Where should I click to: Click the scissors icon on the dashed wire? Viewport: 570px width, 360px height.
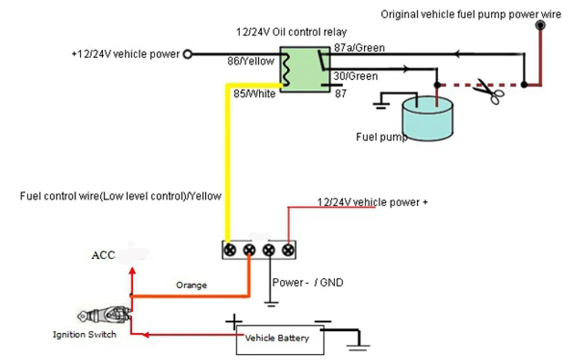(489, 91)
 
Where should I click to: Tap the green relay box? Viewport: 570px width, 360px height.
(304, 69)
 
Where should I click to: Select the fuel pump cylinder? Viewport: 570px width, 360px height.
(427, 118)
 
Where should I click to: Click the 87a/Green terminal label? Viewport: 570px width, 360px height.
(359, 48)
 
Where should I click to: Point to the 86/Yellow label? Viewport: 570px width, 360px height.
(251, 61)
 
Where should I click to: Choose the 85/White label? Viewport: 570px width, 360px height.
(254, 94)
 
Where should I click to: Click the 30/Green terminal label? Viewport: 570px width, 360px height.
(356, 76)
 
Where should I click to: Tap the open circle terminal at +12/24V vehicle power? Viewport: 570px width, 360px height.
(187, 54)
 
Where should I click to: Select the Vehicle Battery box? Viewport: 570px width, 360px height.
(280, 340)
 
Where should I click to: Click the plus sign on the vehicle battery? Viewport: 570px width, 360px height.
(234, 322)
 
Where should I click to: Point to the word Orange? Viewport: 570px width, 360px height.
(192, 285)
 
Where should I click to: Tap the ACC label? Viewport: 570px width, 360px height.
(103, 255)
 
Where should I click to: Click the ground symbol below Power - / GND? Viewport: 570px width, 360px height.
(271, 304)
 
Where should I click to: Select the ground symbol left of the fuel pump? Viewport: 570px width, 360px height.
(381, 106)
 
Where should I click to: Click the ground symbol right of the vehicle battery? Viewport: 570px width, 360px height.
(359, 347)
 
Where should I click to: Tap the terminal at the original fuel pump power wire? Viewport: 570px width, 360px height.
(540, 26)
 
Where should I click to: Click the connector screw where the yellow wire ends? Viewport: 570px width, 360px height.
(230, 250)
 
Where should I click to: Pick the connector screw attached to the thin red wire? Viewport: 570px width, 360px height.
(288, 250)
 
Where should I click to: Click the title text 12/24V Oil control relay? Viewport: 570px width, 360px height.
(291, 32)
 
